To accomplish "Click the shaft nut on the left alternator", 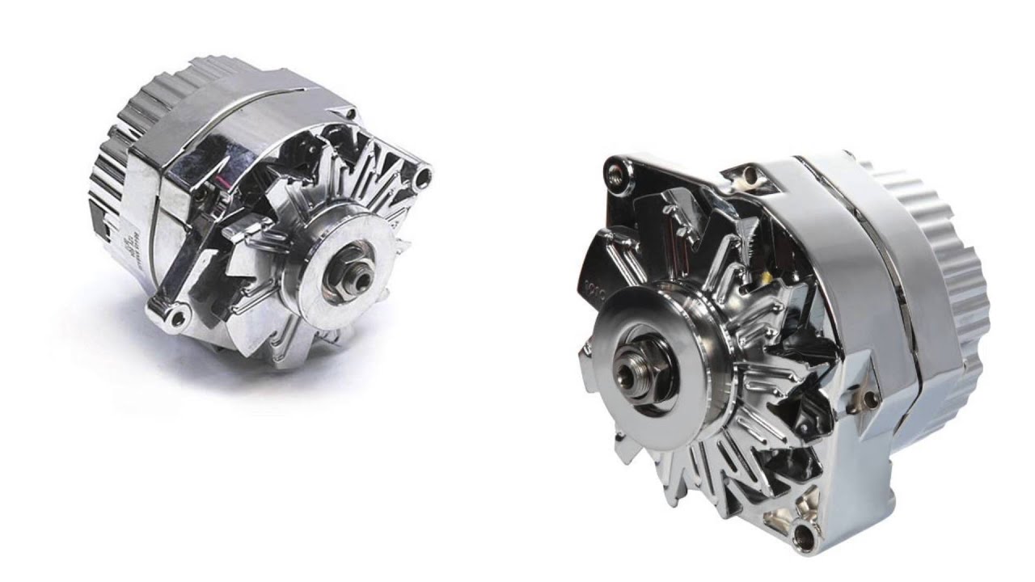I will (x=357, y=277).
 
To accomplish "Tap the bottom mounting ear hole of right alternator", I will (x=805, y=533).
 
